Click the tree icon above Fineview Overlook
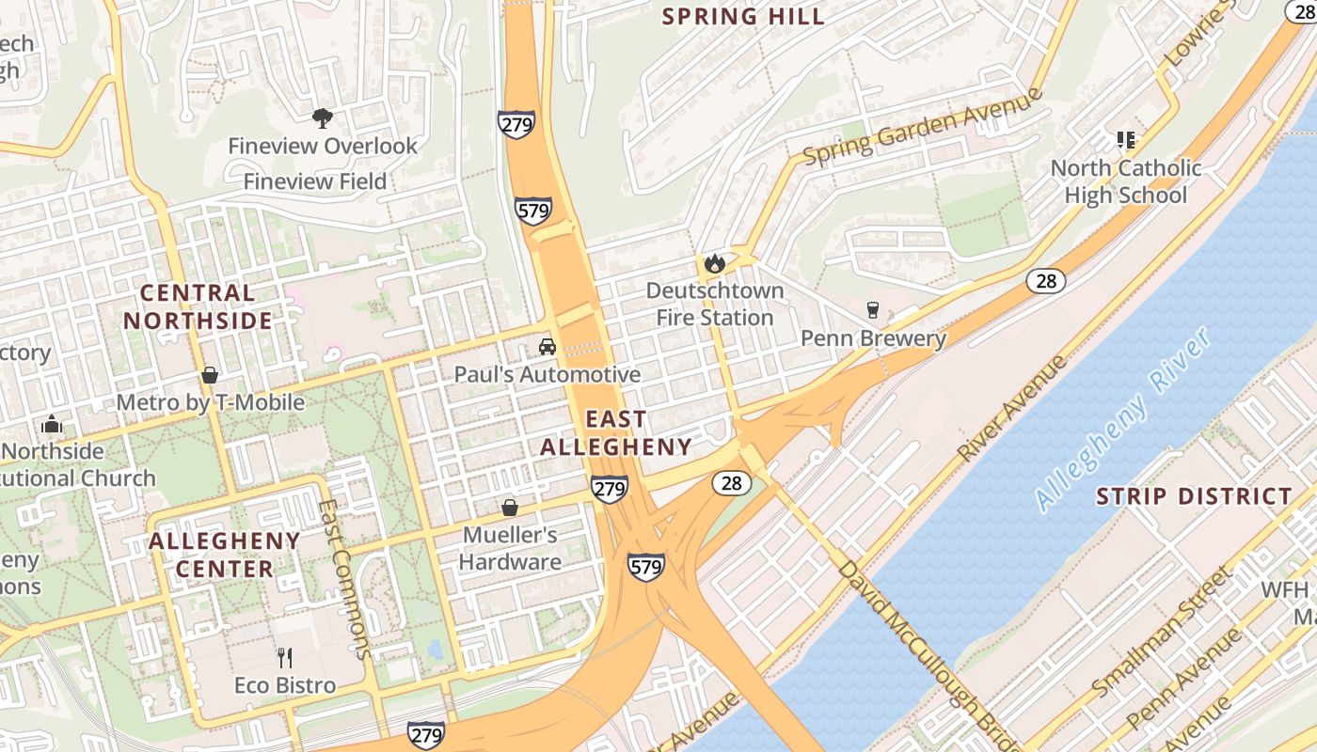(x=322, y=117)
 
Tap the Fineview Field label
(x=315, y=181)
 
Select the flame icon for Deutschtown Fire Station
(x=715, y=263)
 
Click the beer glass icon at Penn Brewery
(x=873, y=310)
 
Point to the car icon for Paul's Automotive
(x=547, y=347)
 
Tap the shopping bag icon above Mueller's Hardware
(x=510, y=508)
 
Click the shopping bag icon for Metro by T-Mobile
(x=210, y=375)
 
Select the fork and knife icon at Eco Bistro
(x=285, y=657)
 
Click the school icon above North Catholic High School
(x=1126, y=140)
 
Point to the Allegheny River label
(x=1123, y=420)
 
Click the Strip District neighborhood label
(x=1194, y=496)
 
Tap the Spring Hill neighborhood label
(x=743, y=16)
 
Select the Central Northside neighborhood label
(x=198, y=306)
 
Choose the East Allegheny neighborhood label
(x=616, y=432)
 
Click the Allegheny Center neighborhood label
(x=224, y=555)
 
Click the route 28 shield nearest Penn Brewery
(x=1045, y=280)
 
